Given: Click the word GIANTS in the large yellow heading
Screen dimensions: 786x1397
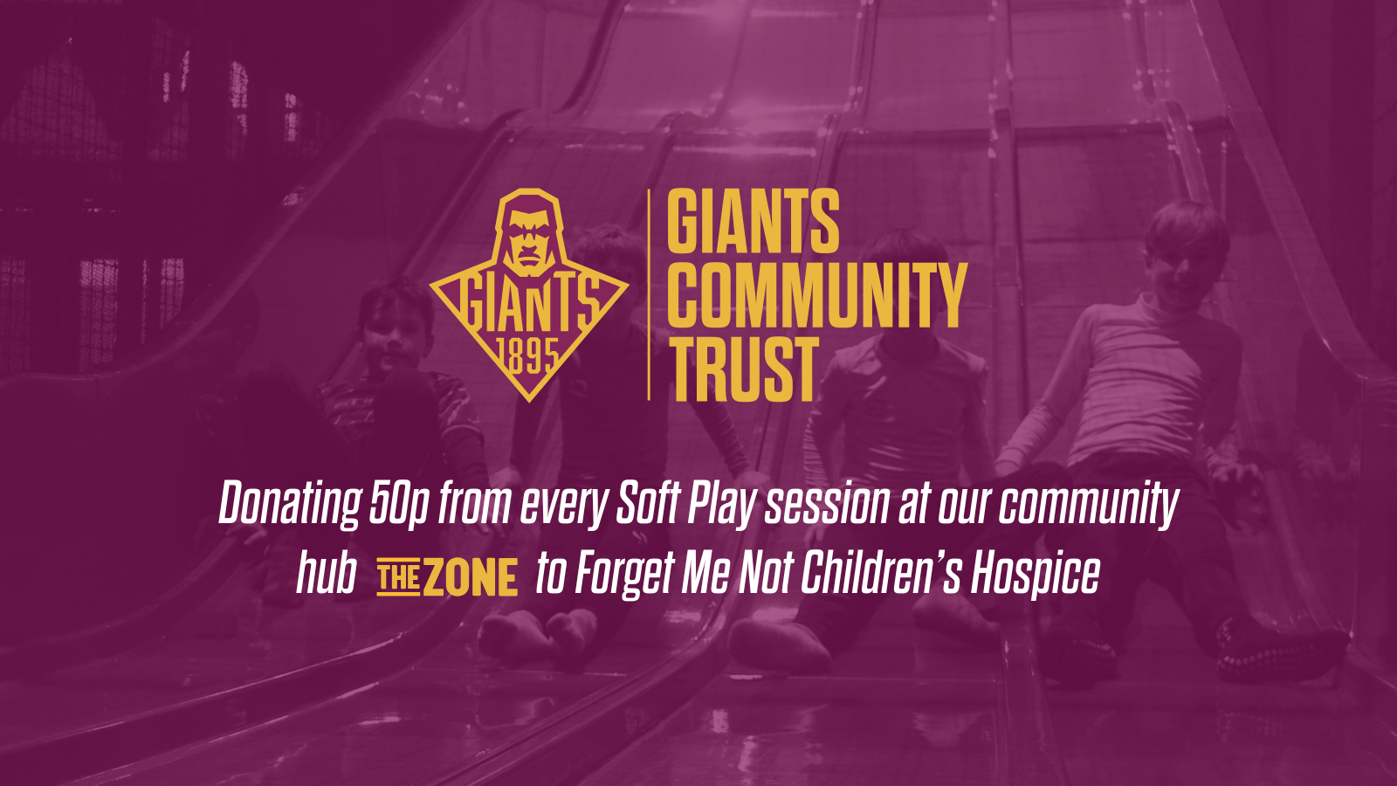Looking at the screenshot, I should [x=753, y=222].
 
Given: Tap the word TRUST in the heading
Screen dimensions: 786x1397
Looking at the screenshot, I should [x=743, y=369].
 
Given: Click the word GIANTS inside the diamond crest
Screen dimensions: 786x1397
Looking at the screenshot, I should [x=528, y=302].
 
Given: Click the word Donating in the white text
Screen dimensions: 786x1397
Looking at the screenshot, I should [x=289, y=505].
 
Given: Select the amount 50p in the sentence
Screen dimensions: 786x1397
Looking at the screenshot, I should [x=398, y=505].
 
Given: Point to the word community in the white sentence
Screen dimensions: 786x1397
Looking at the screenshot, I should [x=1089, y=505].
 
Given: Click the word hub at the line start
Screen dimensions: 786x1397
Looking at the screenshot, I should [x=326, y=574].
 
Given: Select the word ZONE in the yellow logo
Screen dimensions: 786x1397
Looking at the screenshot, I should [x=471, y=579].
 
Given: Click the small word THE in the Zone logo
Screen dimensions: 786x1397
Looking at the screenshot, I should [x=398, y=578].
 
